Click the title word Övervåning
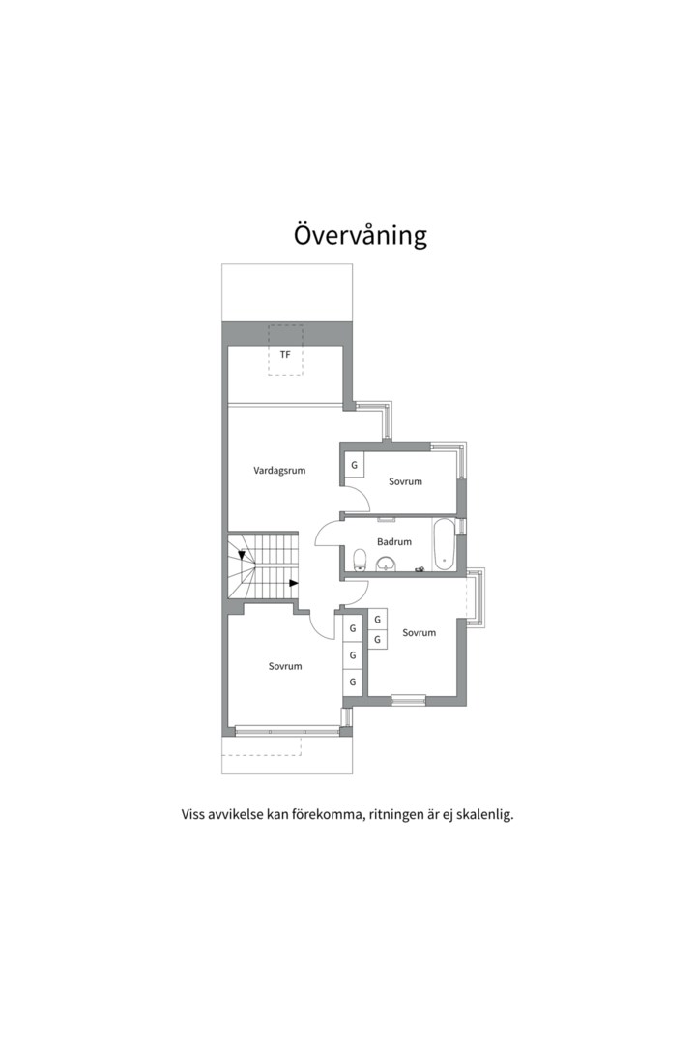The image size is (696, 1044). point(361,235)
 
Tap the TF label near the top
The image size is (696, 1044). point(285,355)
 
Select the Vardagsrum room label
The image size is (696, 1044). point(279,471)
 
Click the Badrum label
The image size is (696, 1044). point(394,542)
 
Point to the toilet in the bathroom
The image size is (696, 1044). point(360,560)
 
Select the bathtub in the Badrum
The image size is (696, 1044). point(443,545)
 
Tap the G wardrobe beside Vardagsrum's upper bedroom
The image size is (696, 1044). point(354,465)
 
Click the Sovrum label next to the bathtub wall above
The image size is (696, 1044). point(406,481)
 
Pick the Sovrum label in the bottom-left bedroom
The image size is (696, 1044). point(285,666)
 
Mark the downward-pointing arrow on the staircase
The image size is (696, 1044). point(241,556)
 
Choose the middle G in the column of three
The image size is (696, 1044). point(353,655)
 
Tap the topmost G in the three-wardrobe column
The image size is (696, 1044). point(353,628)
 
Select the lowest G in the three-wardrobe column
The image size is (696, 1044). point(353,682)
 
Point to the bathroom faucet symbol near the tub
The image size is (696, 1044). point(420,569)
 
